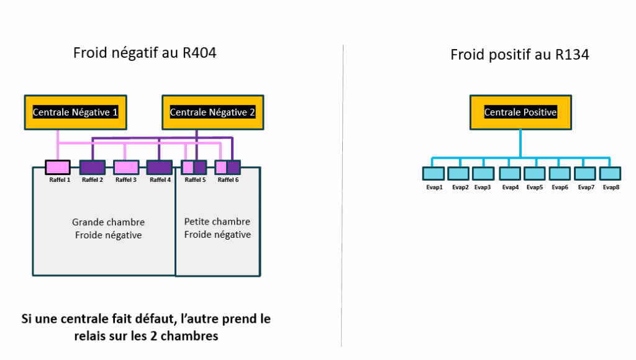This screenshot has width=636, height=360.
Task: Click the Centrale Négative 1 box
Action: [75, 112]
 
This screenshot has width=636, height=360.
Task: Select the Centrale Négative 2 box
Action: [212, 112]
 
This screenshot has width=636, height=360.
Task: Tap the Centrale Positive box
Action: [520, 112]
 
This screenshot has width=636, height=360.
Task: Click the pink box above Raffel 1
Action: [57, 167]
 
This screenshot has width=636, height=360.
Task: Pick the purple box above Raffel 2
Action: [92, 167]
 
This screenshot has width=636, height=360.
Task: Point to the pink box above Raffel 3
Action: [125, 167]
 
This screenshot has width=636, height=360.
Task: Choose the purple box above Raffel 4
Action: [160, 167]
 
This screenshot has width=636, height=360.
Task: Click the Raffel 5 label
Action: [195, 180]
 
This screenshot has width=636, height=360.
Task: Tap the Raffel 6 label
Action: [228, 180]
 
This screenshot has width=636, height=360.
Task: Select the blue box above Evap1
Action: [433, 173]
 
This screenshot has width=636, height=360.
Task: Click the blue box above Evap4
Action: [510, 173]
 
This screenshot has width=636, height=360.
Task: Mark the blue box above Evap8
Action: [611, 173]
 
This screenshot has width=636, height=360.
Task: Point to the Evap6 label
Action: [560, 187]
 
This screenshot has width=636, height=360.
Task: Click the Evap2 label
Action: [460, 187]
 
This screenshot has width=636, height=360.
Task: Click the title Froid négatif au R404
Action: [144, 53]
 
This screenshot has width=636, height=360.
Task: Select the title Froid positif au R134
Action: [519, 55]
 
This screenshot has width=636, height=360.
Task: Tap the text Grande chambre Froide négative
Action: [108, 228]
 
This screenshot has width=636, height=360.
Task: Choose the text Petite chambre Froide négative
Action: [217, 228]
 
